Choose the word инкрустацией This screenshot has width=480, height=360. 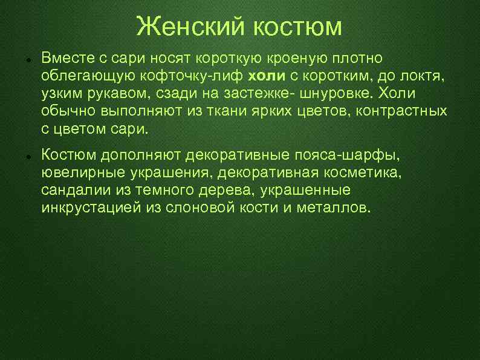[91, 208]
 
